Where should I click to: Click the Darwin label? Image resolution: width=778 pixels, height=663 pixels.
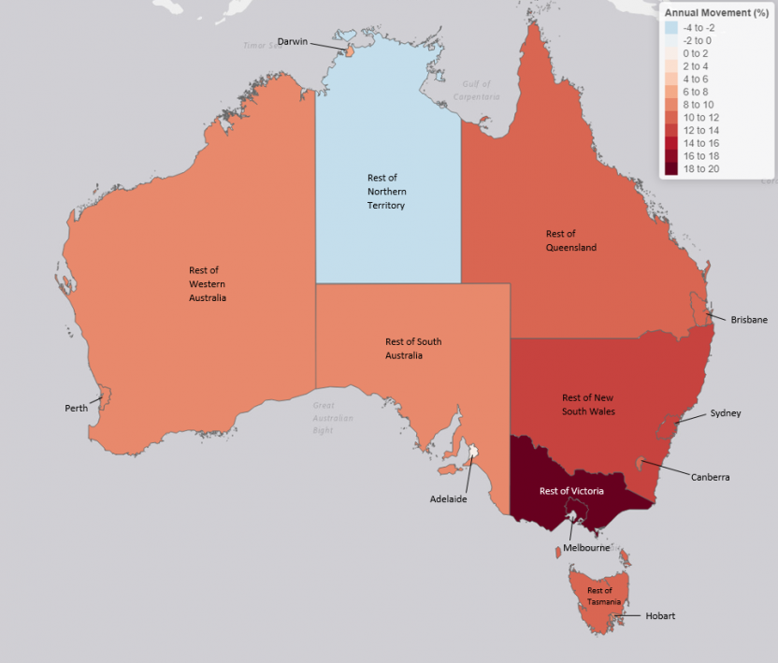click(x=292, y=41)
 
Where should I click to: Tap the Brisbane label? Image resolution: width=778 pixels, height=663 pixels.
click(x=749, y=320)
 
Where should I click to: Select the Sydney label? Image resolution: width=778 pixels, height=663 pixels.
click(x=725, y=412)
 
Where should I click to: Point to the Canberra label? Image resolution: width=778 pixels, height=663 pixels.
click(x=711, y=477)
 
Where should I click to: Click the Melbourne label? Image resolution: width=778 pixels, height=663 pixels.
click(x=587, y=548)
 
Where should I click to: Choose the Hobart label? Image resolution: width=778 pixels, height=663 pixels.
click(x=659, y=615)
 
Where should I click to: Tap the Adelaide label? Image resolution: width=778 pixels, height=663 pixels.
click(x=448, y=499)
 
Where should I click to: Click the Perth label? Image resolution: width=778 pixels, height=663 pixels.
click(x=77, y=409)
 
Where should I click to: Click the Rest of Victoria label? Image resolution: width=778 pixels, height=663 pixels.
click(x=571, y=491)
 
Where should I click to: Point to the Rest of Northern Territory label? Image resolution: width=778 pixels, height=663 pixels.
click(x=386, y=191)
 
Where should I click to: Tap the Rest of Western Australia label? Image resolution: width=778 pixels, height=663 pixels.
click(x=208, y=283)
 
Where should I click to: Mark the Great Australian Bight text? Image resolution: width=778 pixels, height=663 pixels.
click(x=334, y=417)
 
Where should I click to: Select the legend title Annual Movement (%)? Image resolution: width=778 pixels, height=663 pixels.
click(x=715, y=12)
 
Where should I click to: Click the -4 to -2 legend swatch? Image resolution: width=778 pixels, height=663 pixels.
click(x=672, y=28)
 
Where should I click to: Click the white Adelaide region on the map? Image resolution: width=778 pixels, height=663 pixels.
click(x=474, y=453)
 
